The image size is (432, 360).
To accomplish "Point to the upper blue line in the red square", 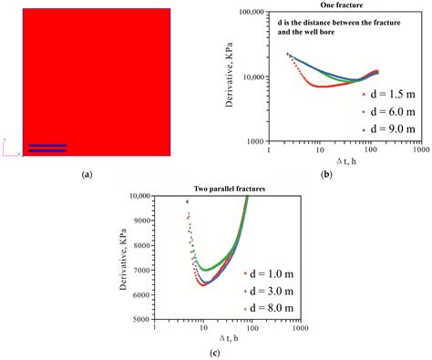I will (x=47, y=145).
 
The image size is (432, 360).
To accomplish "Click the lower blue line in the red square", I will (x=47, y=150).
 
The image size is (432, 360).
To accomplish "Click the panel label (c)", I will (x=216, y=352).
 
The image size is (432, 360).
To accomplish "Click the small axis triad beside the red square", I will (x=10, y=149).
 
